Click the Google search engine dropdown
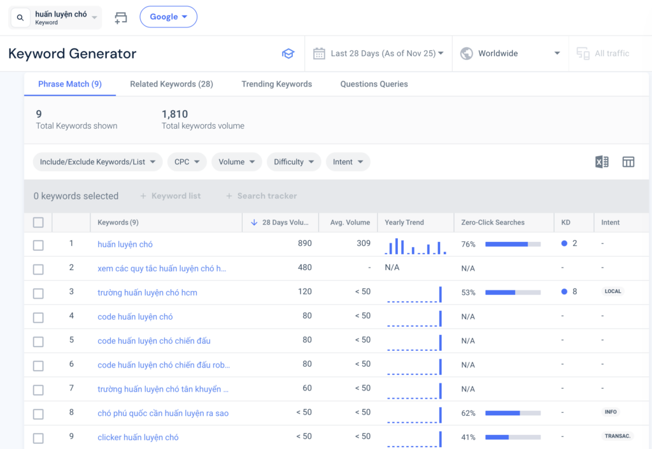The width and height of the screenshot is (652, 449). (x=168, y=17)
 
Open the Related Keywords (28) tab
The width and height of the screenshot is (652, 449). (x=171, y=84)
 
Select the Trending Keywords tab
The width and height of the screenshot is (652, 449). (x=276, y=84)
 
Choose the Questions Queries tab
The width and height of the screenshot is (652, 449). (x=374, y=84)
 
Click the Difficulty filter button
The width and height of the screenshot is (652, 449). (x=294, y=162)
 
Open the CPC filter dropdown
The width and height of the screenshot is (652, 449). (x=187, y=162)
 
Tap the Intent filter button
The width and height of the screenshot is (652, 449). (x=348, y=162)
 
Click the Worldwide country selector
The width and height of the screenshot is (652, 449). (x=509, y=53)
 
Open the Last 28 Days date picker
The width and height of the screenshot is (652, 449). (x=378, y=53)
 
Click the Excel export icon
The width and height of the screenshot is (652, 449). (x=602, y=162)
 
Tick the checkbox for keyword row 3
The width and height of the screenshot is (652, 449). (x=38, y=294)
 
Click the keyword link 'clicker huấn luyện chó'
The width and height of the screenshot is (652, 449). (x=138, y=438)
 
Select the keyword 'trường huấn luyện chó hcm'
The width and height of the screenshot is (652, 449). (x=147, y=292)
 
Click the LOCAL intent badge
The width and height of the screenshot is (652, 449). (x=613, y=292)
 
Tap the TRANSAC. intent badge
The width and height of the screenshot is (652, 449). (x=616, y=437)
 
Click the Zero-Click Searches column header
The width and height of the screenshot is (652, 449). (x=493, y=222)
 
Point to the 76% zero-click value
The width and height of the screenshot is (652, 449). (x=469, y=244)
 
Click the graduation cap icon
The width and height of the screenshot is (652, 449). (x=288, y=53)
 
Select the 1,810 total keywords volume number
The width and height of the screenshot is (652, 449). (x=174, y=115)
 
